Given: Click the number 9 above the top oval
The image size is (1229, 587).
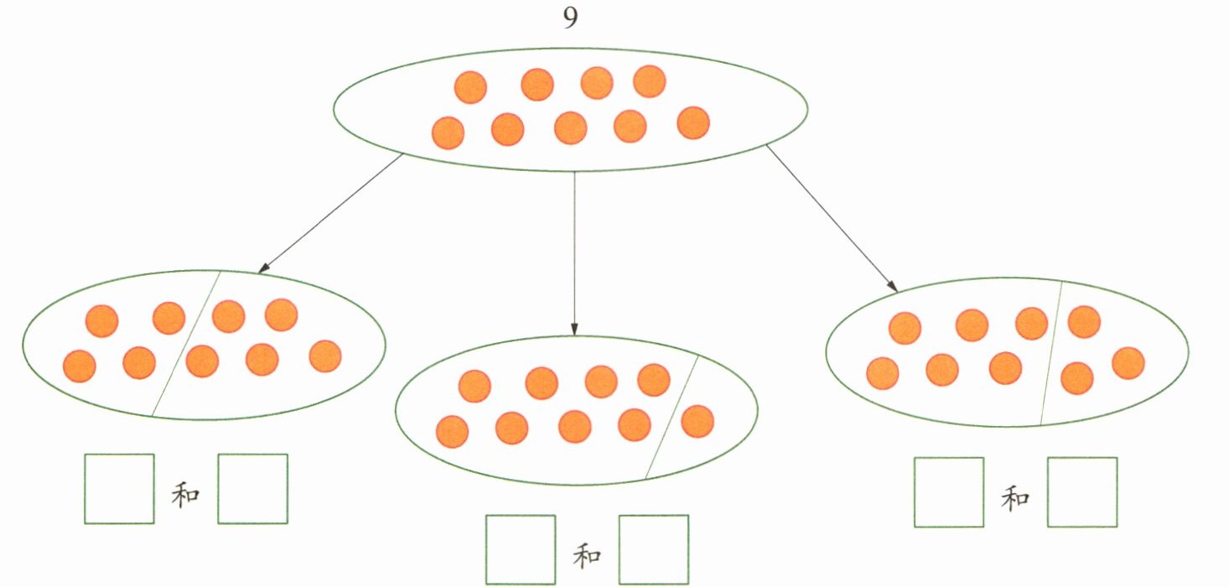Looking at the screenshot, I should (570, 19).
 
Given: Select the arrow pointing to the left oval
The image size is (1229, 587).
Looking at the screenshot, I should (330, 214).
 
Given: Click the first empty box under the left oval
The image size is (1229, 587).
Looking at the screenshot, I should (119, 489).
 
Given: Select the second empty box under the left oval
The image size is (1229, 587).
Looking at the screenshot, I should (252, 489).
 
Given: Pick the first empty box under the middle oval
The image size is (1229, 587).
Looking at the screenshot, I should (521, 549).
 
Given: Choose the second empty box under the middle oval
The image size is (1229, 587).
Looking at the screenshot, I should (654, 549).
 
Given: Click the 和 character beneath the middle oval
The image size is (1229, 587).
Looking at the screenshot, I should (587, 555).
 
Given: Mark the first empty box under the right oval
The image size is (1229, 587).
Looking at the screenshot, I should (948, 492).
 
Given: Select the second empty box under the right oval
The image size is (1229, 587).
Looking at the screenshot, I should (1082, 492).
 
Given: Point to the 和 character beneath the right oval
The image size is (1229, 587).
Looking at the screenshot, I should (1015, 499).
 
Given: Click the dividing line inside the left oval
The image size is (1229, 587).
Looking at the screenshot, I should (186, 344).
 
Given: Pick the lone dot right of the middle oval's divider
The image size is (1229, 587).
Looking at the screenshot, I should (697, 421).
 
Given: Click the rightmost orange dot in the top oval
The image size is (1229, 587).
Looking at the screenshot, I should (693, 123).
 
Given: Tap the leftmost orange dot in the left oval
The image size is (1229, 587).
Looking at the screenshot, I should (80, 366).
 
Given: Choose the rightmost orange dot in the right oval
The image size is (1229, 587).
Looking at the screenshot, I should (1128, 363).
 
